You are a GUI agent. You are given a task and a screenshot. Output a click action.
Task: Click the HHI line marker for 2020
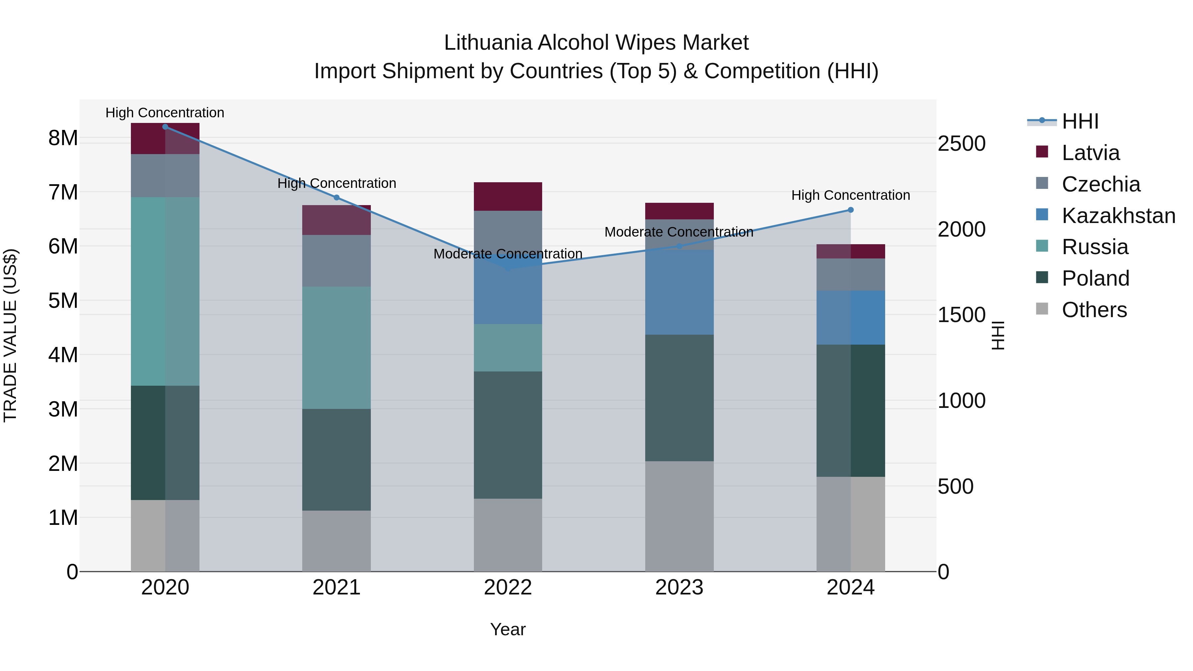tap(165, 127)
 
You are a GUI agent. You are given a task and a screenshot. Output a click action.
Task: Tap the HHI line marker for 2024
tap(850, 210)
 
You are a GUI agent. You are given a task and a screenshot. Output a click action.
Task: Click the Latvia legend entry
tap(1090, 153)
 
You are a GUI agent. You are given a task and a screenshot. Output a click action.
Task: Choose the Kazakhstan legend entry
tap(1118, 216)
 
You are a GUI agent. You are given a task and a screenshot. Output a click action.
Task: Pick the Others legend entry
tap(1094, 310)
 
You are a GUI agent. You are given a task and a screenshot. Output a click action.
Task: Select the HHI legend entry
tap(1080, 121)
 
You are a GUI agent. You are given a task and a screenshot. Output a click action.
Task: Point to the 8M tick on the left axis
tap(63, 138)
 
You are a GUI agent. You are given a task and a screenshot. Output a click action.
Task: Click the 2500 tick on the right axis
tap(961, 143)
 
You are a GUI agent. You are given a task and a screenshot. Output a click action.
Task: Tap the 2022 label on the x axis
tap(508, 587)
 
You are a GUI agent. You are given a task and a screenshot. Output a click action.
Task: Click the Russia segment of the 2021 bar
tap(337, 347)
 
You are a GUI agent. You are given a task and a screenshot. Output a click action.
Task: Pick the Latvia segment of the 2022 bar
tap(508, 197)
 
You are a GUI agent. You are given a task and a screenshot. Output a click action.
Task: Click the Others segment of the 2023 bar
tap(679, 516)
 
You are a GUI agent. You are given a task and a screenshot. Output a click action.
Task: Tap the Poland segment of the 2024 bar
tap(850, 410)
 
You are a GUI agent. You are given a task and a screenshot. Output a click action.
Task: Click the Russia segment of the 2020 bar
tap(165, 291)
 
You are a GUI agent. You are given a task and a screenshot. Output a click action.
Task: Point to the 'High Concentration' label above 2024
tap(850, 196)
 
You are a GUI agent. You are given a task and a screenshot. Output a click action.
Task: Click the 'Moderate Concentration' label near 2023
tap(679, 232)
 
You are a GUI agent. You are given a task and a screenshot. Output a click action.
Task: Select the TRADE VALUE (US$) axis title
tap(10, 335)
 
